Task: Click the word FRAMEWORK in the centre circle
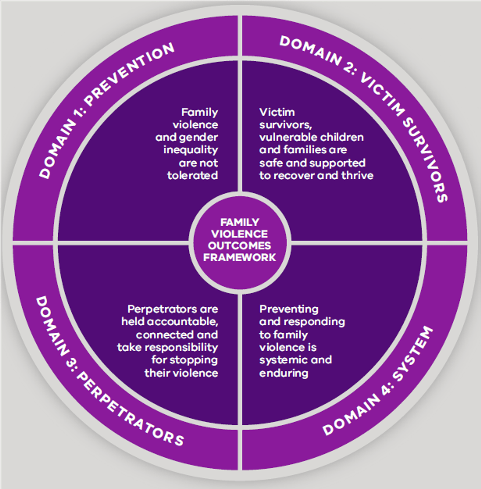[x=240, y=257]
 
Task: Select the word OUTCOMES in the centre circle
[x=240, y=246]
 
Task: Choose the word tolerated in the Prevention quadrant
[x=193, y=175]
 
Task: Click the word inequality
[x=191, y=150]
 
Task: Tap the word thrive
[x=358, y=175]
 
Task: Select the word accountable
[x=183, y=322]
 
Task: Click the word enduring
[x=284, y=373]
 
